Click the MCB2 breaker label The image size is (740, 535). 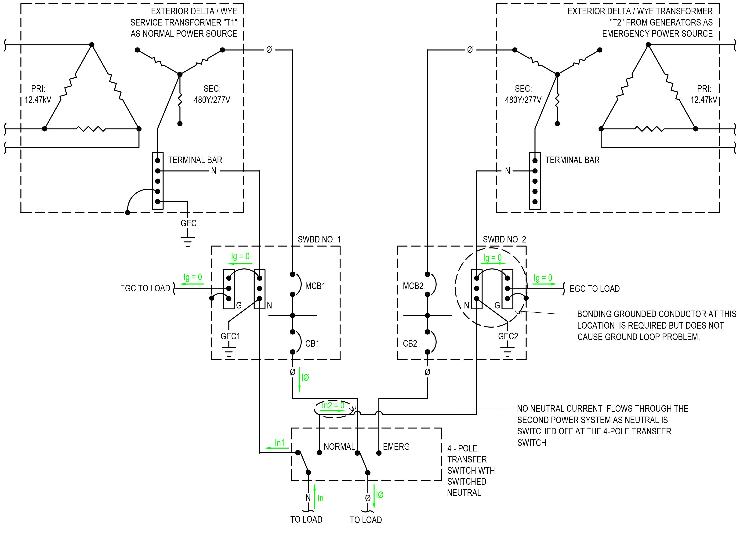(413, 286)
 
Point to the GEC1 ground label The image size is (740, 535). (230, 336)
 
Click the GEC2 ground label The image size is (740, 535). (508, 336)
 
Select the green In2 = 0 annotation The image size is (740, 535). (333, 405)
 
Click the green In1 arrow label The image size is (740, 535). (280, 443)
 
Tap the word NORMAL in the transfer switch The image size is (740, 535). (339, 447)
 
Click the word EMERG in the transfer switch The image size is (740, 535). (396, 447)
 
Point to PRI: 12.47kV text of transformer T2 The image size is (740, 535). (704, 94)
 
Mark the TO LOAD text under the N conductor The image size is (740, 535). (306, 519)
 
